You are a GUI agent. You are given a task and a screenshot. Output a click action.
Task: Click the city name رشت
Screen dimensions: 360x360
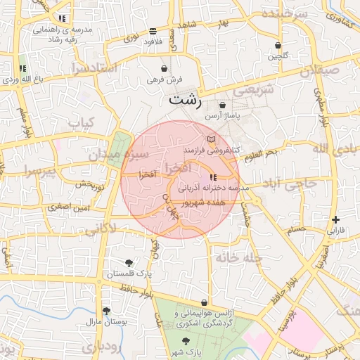click(184, 101)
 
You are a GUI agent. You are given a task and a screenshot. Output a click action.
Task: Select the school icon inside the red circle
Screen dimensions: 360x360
click(213, 177)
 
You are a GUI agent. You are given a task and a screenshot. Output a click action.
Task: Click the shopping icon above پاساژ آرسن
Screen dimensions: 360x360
click(222, 105)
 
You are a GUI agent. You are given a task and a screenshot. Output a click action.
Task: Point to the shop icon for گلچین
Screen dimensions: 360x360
click(278, 46)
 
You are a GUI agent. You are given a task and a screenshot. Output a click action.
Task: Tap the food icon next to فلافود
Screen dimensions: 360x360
click(153, 31)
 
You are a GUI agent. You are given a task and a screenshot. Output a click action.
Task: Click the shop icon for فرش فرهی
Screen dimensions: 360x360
click(165, 69)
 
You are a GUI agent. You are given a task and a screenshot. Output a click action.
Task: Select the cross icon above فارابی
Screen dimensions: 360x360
click(335, 219)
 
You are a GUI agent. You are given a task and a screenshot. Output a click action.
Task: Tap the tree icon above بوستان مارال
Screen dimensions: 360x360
click(106, 311)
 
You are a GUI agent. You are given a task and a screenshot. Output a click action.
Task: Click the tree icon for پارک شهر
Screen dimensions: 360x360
click(186, 340)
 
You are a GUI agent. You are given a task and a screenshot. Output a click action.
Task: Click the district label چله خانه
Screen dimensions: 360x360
click(238, 257)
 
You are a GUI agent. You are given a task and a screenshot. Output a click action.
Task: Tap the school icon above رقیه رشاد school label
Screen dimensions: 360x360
click(63, 18)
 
